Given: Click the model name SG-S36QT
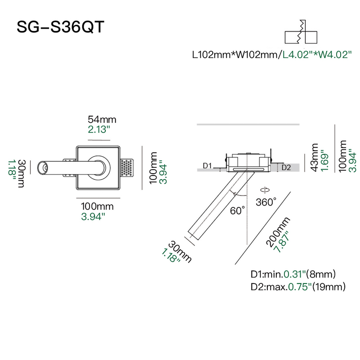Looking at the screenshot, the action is pyautogui.click(x=60, y=27).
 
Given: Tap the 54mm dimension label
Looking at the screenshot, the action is pyautogui.click(x=102, y=120).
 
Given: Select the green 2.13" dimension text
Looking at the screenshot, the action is pyautogui.click(x=99, y=130).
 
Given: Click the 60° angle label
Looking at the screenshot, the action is pyautogui.click(x=237, y=211).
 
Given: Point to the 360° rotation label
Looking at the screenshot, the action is pyautogui.click(x=266, y=202).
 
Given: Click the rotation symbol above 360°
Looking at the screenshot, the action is pyautogui.click(x=265, y=190).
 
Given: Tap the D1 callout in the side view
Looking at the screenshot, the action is pyautogui.click(x=207, y=166).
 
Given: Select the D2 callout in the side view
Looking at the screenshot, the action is pyautogui.click(x=286, y=168).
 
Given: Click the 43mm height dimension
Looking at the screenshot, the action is pyautogui.click(x=314, y=158).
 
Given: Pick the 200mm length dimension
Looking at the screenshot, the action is pyautogui.click(x=278, y=232).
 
